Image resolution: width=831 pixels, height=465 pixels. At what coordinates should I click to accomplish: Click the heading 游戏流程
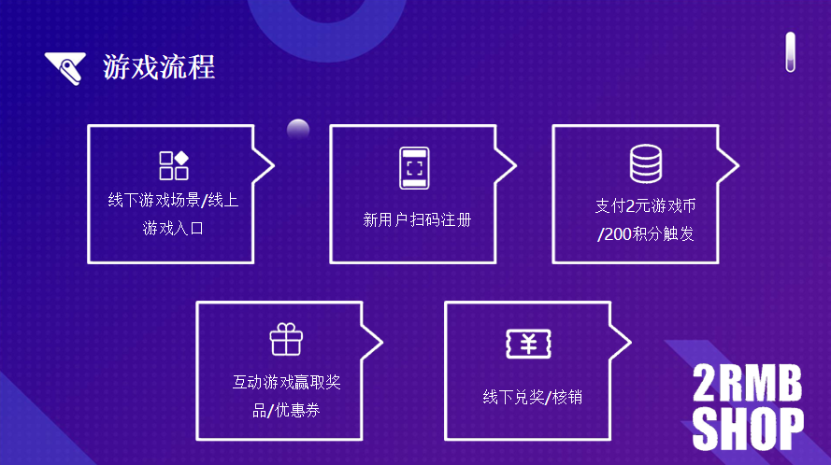point(159,67)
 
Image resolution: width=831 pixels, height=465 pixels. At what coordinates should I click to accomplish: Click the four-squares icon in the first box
point(174,165)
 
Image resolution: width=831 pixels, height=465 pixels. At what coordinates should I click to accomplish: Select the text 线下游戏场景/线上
point(173,200)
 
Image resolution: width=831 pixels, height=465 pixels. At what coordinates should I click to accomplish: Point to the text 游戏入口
point(173,227)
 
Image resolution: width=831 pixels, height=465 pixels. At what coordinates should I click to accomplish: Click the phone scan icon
point(414,168)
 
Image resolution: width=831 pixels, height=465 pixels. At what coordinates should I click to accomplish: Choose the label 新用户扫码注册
point(417,220)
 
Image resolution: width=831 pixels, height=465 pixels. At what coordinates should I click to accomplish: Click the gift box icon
point(286,339)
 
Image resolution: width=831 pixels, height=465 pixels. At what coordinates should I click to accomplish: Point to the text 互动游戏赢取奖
point(286,382)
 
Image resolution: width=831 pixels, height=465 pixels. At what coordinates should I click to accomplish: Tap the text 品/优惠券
point(286,409)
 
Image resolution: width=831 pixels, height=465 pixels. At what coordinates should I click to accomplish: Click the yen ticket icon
point(528,344)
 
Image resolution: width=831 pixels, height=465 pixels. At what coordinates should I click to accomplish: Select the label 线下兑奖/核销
point(532,397)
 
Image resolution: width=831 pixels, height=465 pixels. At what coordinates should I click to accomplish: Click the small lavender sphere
point(298,130)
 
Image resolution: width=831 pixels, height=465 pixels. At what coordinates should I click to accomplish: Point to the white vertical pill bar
point(790,52)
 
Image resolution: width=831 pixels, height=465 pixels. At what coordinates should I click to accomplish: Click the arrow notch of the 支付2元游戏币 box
point(730,166)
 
